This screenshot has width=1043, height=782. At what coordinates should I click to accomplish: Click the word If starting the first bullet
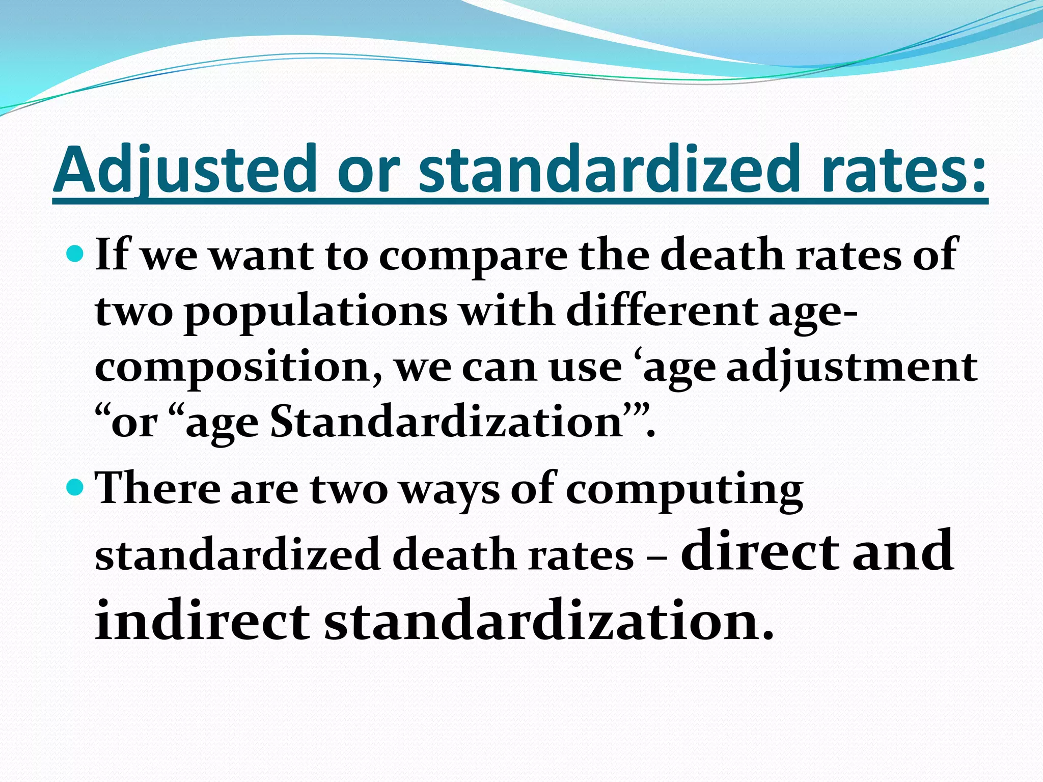112,254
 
